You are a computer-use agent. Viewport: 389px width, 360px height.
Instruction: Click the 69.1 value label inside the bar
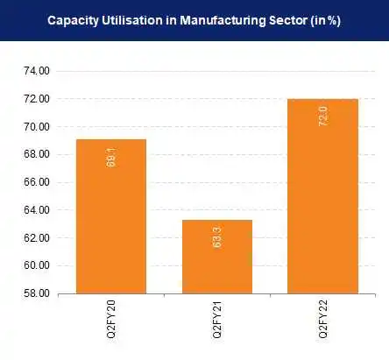click(110, 159)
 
